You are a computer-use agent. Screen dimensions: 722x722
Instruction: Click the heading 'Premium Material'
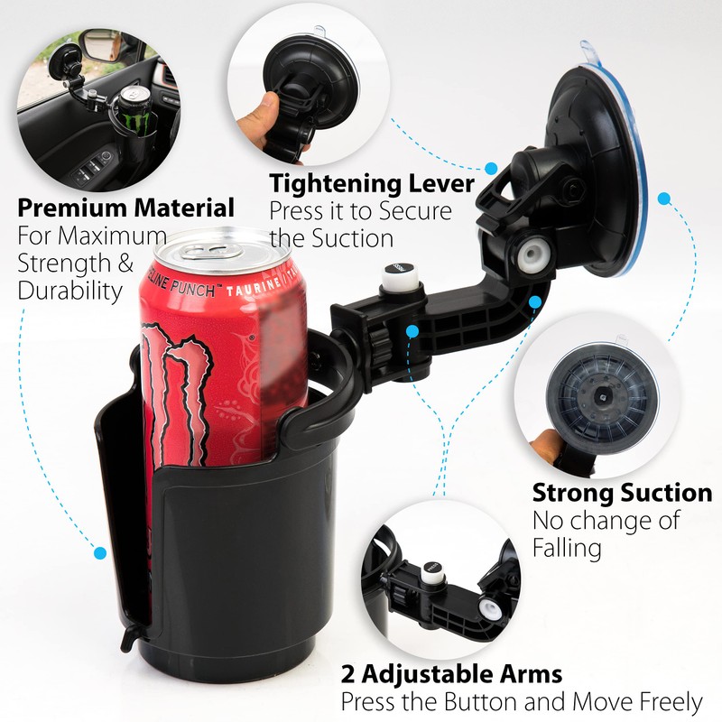tap(126, 208)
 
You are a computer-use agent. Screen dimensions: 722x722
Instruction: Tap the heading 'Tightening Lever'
tap(372, 184)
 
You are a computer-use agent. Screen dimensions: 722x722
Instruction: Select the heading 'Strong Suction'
tap(622, 494)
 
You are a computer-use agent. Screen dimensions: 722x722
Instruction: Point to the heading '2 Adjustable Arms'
tap(451, 673)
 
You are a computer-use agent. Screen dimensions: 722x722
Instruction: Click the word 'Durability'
tap(69, 291)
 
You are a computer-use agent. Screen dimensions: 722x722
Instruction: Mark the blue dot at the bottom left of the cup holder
tap(101, 552)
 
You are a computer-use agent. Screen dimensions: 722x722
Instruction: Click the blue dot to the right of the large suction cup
tap(665, 198)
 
